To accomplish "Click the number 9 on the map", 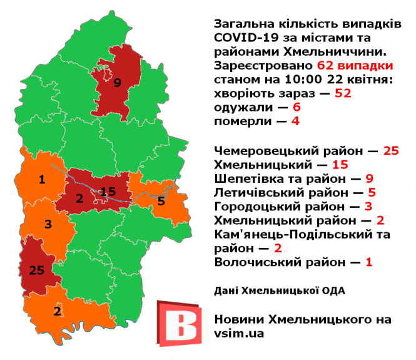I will [116, 82].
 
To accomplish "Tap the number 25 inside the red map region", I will [36, 270].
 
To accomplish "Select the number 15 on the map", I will [108, 191].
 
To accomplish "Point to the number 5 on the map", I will [161, 201].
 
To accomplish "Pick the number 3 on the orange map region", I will [48, 224].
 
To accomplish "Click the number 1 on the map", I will [42, 180].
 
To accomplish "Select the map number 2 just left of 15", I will [79, 199].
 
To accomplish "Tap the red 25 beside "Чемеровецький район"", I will [391, 151].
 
